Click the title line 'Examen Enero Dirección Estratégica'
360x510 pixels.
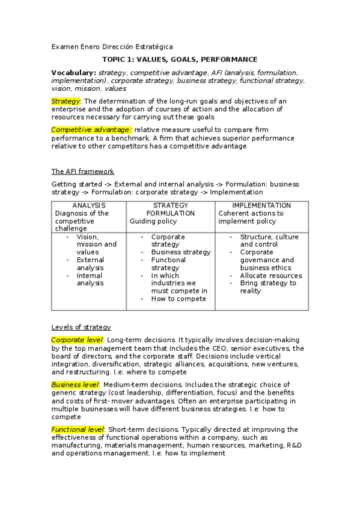pyautogui.click(x=112, y=47)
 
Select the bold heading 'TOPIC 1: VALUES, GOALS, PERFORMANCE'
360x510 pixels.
pyautogui.click(x=180, y=60)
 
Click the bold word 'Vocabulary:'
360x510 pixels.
pyautogui.click(x=73, y=72)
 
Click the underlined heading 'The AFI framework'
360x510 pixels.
pyautogui.click(x=82, y=171)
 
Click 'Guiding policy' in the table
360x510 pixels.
pyautogui.click(x=153, y=221)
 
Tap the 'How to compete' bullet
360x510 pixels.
pyautogui.click(x=178, y=298)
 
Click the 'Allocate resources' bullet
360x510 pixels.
pyautogui.click(x=270, y=275)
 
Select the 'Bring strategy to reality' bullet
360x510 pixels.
pyautogui.click(x=267, y=287)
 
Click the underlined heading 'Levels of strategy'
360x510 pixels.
pyautogui.click(x=81, y=327)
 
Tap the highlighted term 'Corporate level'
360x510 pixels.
pyautogui.click(x=77, y=340)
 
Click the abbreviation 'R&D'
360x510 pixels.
pyautogui.click(x=290, y=445)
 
